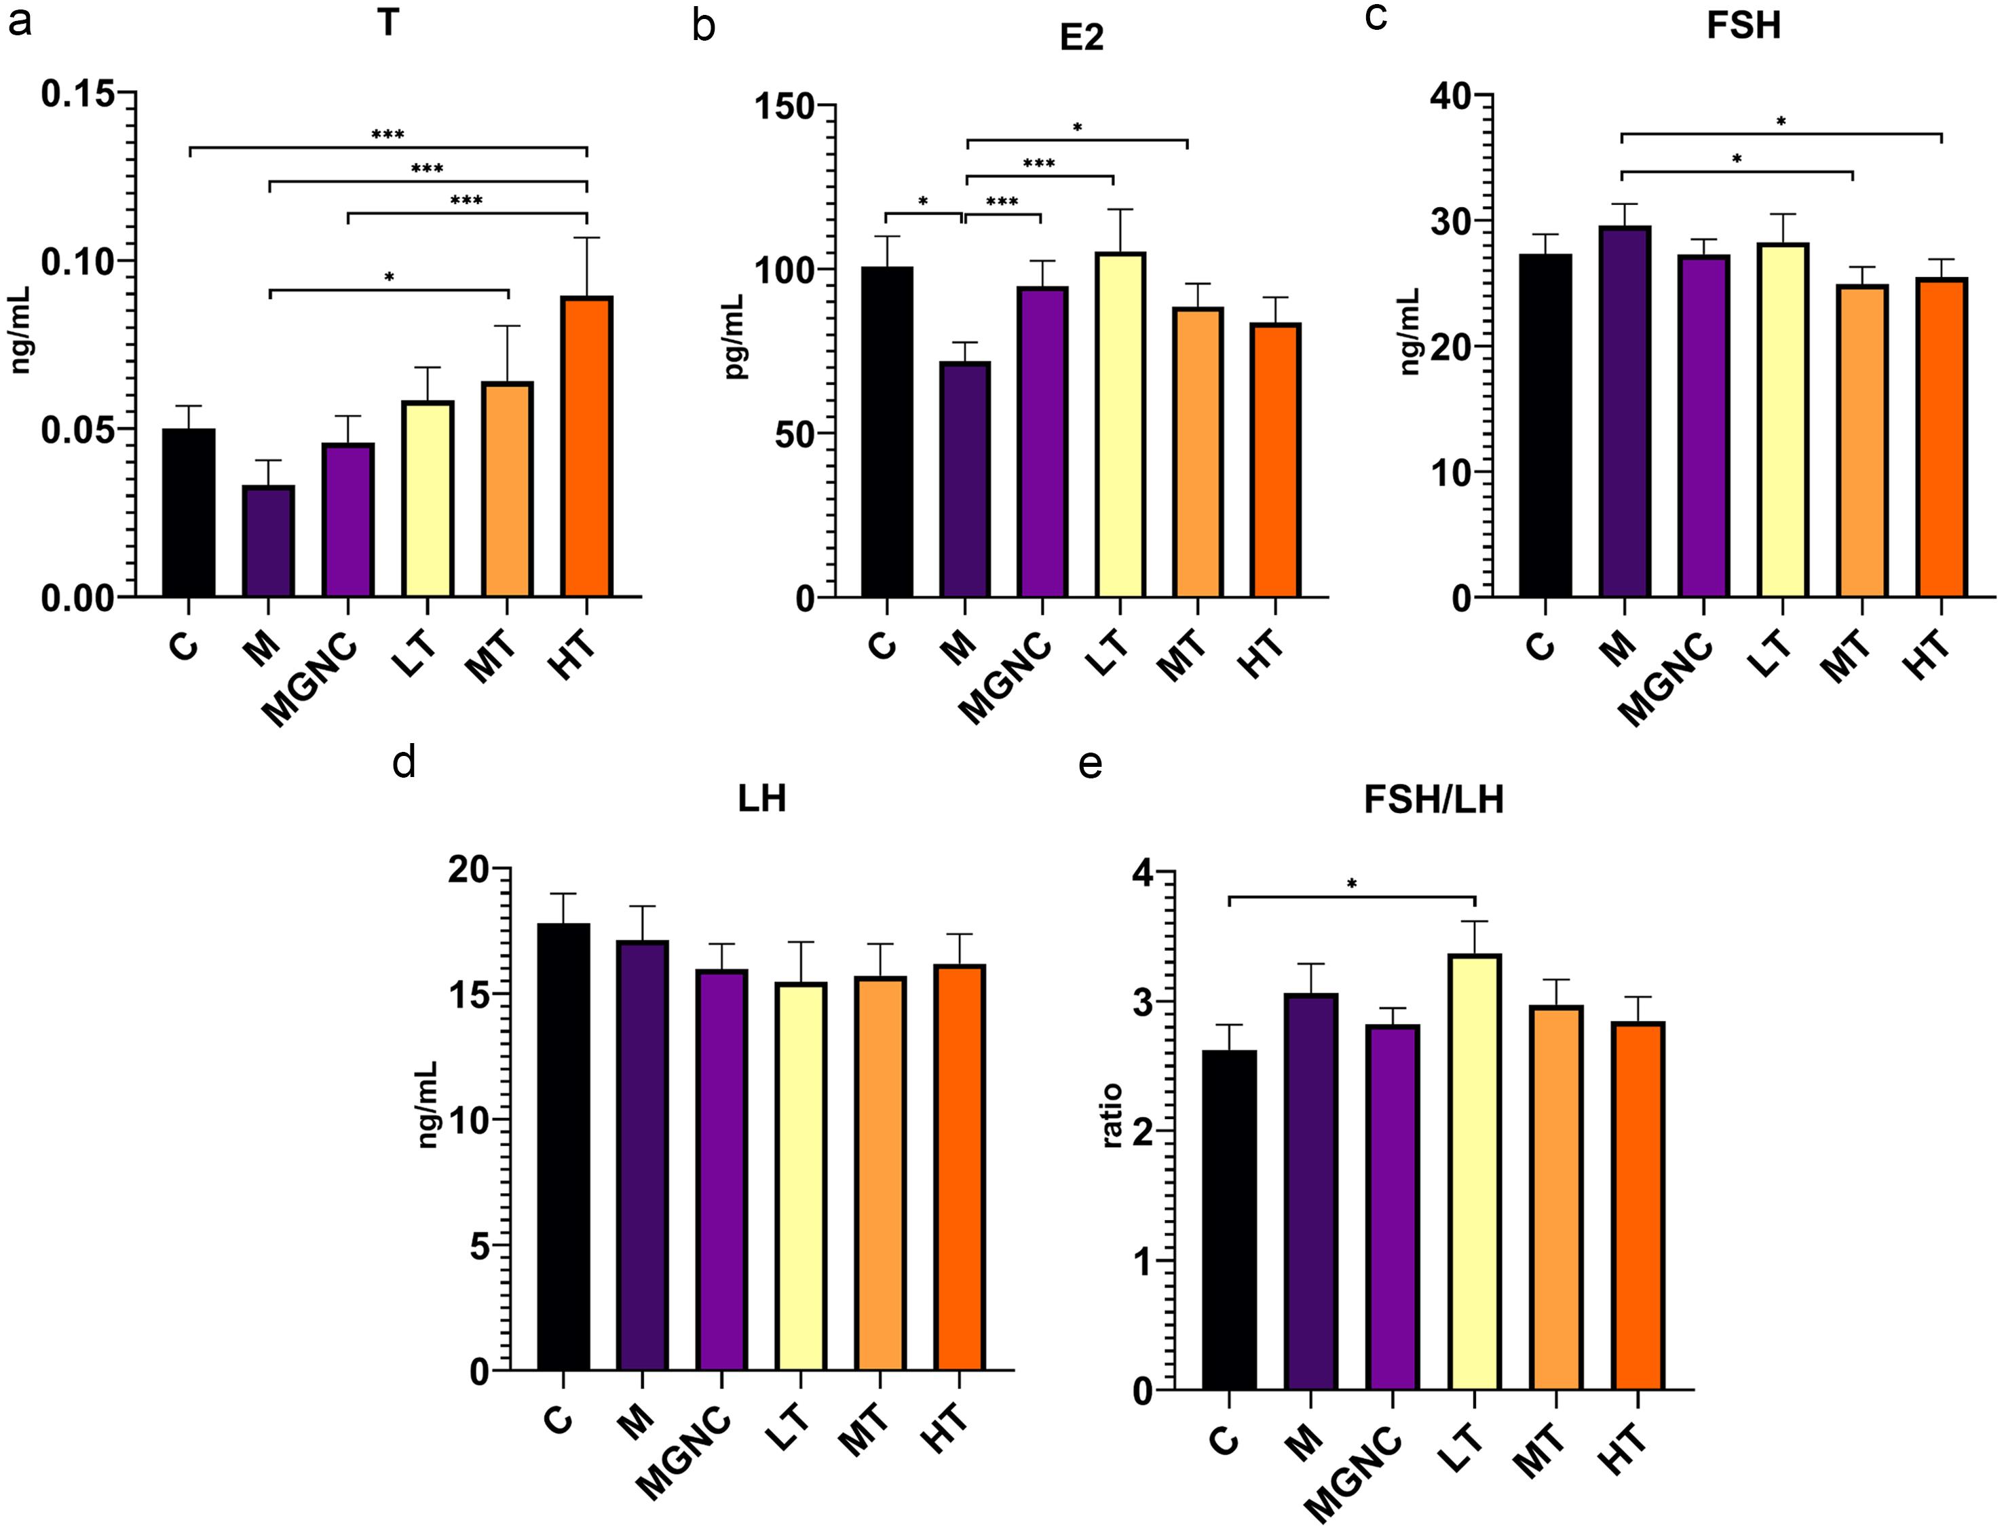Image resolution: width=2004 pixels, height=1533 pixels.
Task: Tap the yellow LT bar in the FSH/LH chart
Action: pyautogui.click(x=1474, y=1173)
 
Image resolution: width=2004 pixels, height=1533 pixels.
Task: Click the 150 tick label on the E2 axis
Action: pyautogui.click(x=783, y=106)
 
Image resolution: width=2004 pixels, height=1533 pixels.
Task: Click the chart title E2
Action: pyautogui.click(x=1081, y=38)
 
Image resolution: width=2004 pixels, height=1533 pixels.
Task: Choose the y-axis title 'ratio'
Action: pyautogui.click(x=1112, y=1115)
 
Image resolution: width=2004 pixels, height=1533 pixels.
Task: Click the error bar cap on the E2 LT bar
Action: pyautogui.click(x=1120, y=210)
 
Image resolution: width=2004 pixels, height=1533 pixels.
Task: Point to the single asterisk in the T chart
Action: pyautogui.click(x=389, y=276)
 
